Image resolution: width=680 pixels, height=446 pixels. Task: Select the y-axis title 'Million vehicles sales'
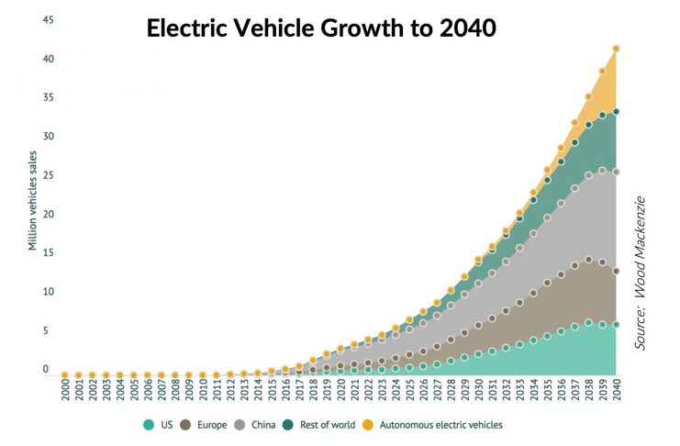[x=33, y=201]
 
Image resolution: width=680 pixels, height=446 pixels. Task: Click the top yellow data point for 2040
[x=616, y=49]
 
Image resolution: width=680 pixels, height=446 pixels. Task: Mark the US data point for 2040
[x=616, y=324]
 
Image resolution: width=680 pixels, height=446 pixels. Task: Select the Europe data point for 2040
[x=616, y=271]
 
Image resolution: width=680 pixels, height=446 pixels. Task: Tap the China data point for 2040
[x=616, y=172]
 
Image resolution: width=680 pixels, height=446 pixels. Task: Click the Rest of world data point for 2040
[x=616, y=112]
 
